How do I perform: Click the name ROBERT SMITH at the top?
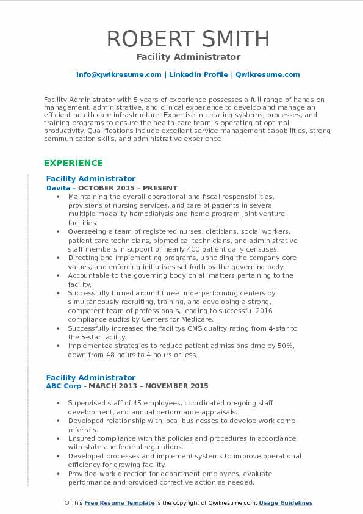point(189,38)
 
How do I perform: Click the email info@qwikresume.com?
point(118,74)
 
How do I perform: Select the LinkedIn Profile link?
point(198,74)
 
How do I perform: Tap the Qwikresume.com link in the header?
point(267,74)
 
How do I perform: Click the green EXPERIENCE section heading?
point(73,163)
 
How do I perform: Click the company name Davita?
point(58,188)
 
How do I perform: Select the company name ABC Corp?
point(63,386)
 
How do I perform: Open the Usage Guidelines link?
point(286,503)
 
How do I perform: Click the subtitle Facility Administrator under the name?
point(189,57)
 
